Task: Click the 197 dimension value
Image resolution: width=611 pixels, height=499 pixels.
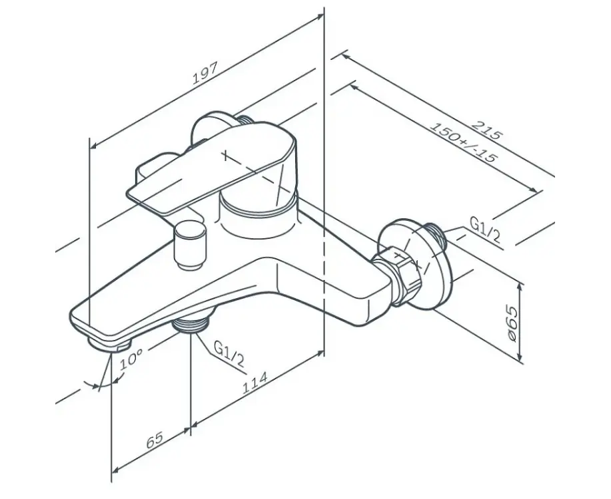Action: coord(205,73)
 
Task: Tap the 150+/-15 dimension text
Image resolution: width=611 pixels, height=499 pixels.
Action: coord(464,142)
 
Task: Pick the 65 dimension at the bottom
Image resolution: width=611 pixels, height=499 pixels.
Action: coord(155,440)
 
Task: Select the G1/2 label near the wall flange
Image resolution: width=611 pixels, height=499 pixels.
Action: coord(485,230)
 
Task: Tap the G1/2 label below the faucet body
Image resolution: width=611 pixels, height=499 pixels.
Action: coord(229,353)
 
